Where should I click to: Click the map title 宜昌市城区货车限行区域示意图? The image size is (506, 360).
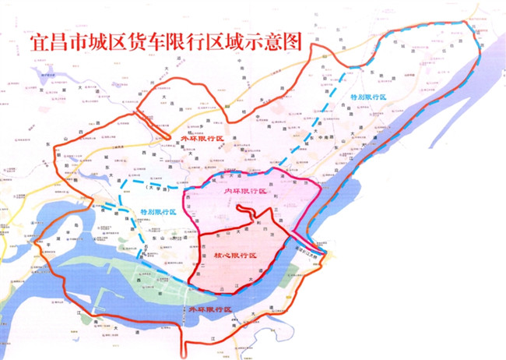163,41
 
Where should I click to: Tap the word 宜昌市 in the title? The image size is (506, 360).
55,41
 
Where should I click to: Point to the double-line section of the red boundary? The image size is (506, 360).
145,118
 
